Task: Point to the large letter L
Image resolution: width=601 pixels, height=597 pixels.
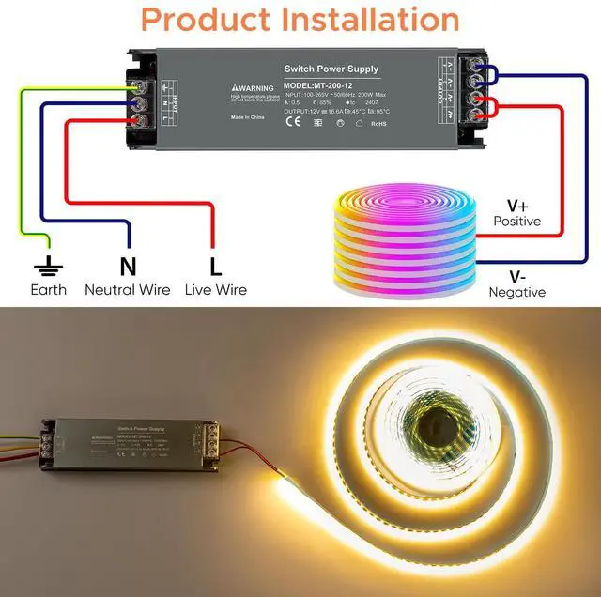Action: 215,266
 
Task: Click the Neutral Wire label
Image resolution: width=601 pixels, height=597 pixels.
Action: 127,290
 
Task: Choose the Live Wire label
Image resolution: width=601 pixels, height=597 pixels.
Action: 215,290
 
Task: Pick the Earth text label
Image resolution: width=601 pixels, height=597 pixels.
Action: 48,290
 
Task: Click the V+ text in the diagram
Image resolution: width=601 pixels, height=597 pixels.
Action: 517,206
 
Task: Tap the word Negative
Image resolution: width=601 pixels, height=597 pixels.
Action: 516,292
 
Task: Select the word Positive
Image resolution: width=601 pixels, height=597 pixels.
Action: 517,222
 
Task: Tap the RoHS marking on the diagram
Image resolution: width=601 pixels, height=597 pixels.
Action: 378,123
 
